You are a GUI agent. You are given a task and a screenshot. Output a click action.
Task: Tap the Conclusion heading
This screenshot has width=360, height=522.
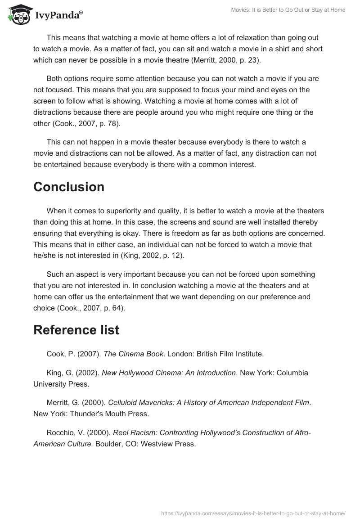tap(68, 187)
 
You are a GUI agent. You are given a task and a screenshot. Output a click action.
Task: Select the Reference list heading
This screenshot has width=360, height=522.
tap(76, 330)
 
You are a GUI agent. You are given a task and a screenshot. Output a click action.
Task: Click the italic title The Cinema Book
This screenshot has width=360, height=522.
tap(133, 354)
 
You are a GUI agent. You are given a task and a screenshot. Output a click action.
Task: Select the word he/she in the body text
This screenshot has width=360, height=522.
tap(47, 255)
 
